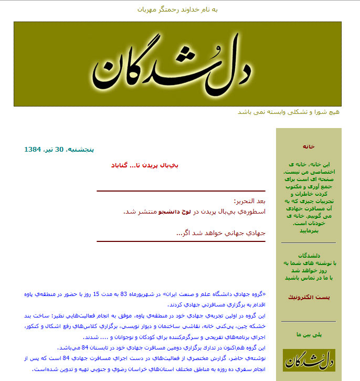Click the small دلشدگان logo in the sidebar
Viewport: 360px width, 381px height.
point(309,361)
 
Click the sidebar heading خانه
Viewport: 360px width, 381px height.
point(309,146)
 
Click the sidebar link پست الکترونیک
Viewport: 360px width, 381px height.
point(309,298)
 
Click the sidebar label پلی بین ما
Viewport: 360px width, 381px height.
point(309,334)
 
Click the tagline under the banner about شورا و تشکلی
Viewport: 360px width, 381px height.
point(289,112)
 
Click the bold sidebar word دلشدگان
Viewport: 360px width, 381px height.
point(309,256)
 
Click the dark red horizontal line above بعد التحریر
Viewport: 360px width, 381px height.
point(181,191)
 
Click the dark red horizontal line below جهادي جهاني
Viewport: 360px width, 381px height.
point(181,241)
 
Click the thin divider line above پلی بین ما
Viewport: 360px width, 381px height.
point(309,321)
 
